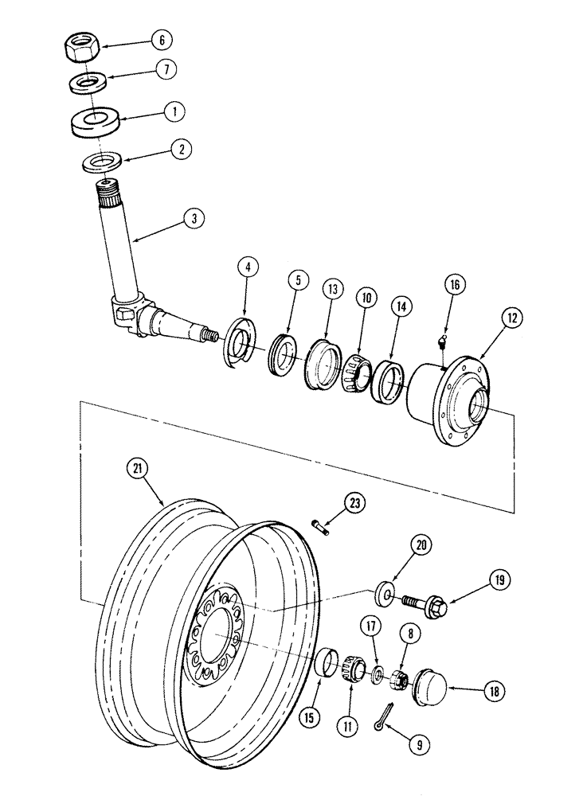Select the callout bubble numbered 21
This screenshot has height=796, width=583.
pyautogui.click(x=136, y=471)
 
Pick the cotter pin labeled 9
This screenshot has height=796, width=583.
pyautogui.click(x=385, y=716)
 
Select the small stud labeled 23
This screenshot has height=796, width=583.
pyautogui.click(x=318, y=527)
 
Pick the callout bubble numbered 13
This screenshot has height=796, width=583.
pyautogui.click(x=330, y=287)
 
